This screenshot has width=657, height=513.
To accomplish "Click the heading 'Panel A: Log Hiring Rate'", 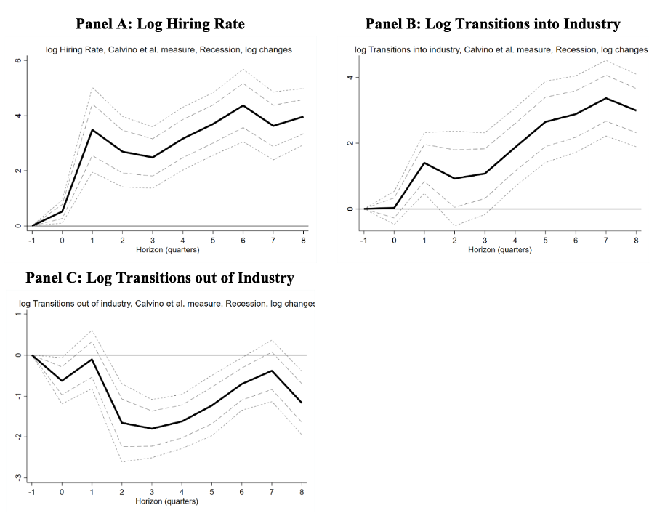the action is point(160,24).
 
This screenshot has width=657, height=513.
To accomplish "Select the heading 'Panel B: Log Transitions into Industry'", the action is point(493,24).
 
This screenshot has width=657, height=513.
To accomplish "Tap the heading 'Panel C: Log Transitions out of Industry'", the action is point(160,278).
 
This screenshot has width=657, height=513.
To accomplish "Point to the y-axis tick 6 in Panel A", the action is point(17,60).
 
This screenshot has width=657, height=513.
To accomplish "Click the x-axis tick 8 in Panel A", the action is point(303,241).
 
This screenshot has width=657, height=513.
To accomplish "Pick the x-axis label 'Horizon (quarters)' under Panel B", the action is point(500,249).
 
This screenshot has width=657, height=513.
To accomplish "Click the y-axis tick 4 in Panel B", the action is point(350,78).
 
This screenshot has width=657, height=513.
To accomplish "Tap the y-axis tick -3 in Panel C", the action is point(17,477).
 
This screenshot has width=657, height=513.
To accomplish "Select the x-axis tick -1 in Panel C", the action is point(31,492).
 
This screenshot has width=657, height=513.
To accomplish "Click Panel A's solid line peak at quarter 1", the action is point(92,130).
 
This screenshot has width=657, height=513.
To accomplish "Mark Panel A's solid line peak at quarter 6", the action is point(243,105).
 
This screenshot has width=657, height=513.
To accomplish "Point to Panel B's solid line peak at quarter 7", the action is point(606,98).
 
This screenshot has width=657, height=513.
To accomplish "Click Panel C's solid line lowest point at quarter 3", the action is point(152,429).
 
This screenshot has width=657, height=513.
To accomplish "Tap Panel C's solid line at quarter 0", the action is point(62,381).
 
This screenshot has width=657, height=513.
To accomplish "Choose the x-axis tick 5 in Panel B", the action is point(546,241).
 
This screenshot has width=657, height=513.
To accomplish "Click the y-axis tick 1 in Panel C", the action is point(17,315).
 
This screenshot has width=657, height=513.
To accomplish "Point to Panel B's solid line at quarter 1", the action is point(424,163).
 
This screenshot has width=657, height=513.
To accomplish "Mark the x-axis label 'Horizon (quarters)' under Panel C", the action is point(166,501).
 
